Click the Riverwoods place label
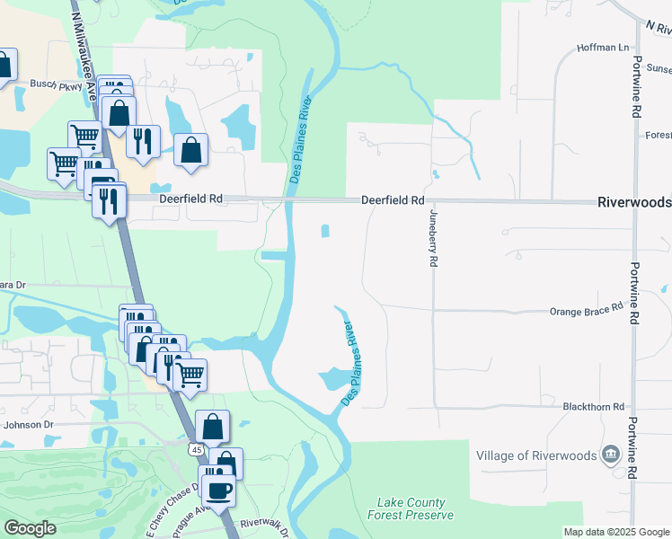point(633,203)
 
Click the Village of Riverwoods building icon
point(612,454)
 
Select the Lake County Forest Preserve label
point(411,509)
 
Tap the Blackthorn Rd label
point(593,407)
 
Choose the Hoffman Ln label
point(603,47)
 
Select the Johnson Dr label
point(29,424)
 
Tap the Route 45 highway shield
point(196,448)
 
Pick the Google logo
point(30,528)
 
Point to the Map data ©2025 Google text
point(616,532)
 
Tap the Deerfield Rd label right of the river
point(393,201)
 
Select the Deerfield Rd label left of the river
point(190,199)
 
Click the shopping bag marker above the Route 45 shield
point(212,426)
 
